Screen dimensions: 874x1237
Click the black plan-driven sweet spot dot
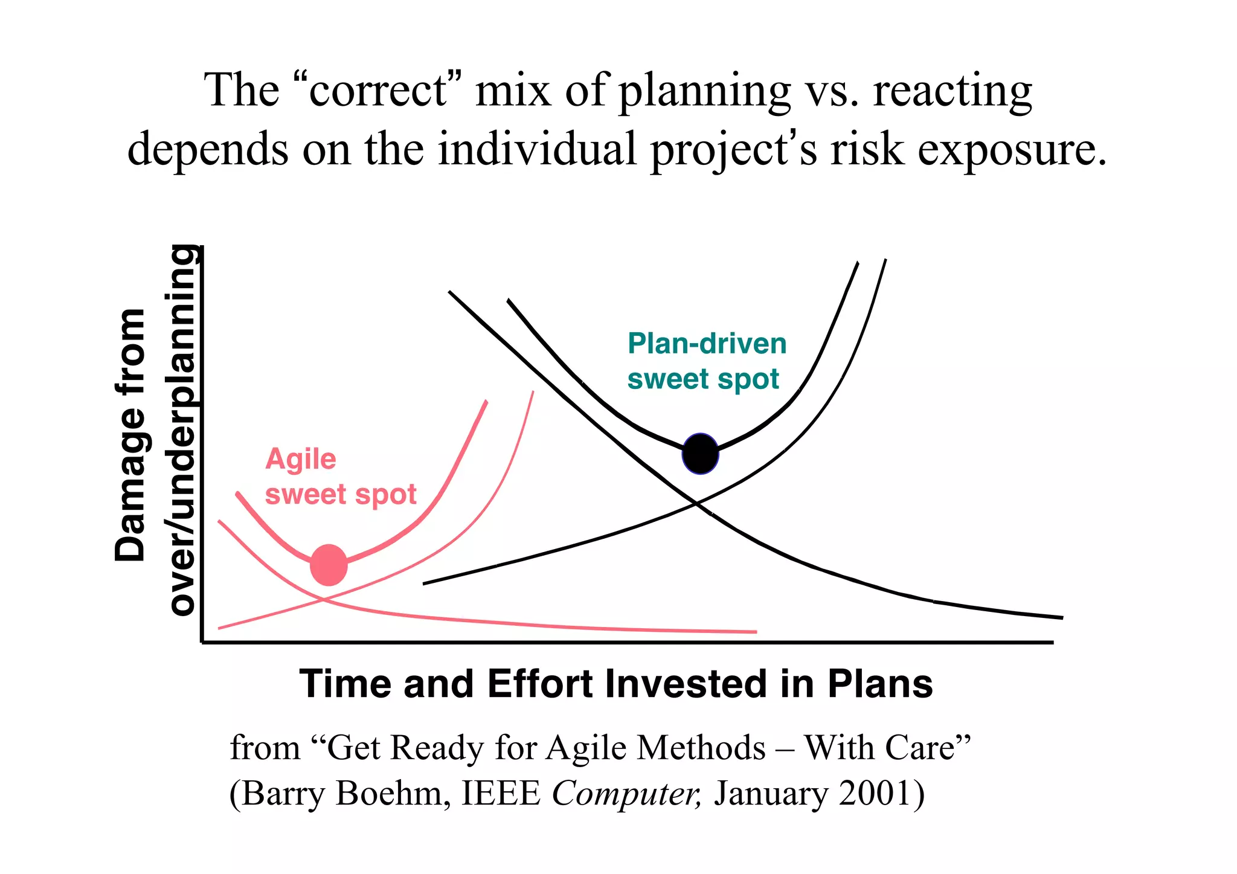[700, 454]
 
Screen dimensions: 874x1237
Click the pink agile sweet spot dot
[329, 565]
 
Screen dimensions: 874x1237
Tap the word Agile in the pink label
[301, 459]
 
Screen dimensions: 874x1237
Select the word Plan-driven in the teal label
[707, 344]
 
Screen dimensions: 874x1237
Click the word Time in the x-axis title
[345, 684]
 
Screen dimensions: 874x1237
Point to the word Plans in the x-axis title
[880, 684]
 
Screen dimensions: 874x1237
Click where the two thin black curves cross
[697, 503]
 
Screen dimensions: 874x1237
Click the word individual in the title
[537, 149]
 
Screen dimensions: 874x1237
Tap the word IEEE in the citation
[501, 793]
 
